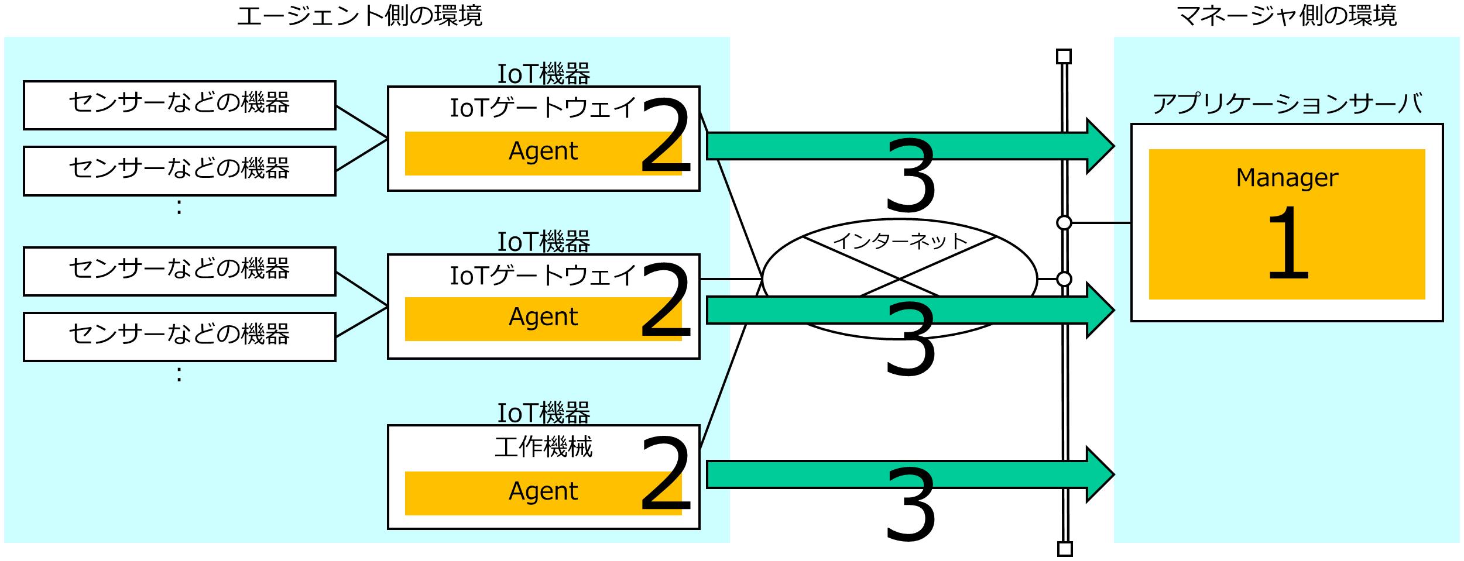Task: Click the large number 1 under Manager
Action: (x=1287, y=243)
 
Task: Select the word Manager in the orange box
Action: (x=1287, y=178)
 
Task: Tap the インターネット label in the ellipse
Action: (x=900, y=241)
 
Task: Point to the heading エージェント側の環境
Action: (x=359, y=16)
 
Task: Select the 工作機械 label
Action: (x=543, y=448)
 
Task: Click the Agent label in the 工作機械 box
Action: (x=543, y=491)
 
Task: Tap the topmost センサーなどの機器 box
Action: (x=179, y=105)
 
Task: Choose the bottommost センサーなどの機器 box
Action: (x=179, y=336)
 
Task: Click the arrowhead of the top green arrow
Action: (x=1099, y=146)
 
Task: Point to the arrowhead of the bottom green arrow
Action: (x=1099, y=474)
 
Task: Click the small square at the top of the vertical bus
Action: (x=1064, y=57)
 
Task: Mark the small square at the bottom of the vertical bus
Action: (x=1064, y=549)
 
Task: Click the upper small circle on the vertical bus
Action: (x=1064, y=223)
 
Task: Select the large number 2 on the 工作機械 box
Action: (x=666, y=474)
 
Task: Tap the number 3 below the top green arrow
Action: (x=910, y=176)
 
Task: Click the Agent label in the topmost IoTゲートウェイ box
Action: (x=543, y=152)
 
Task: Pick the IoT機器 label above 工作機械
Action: (x=543, y=413)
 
